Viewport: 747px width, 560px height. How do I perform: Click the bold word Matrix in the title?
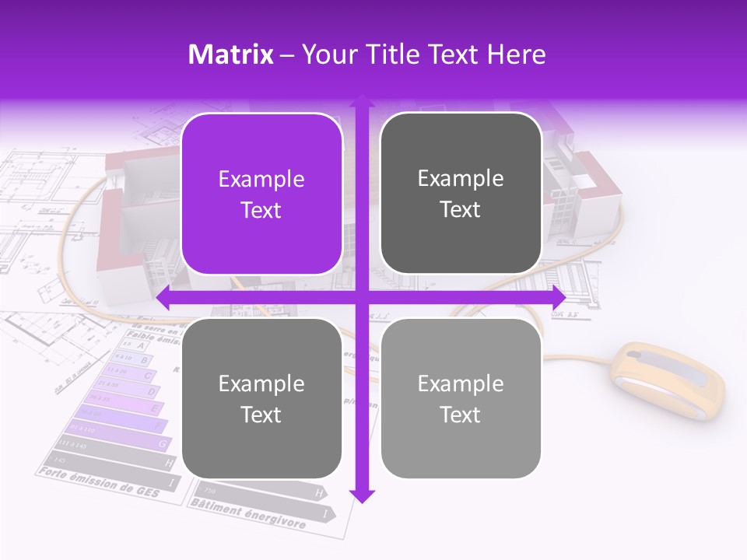pyautogui.click(x=230, y=54)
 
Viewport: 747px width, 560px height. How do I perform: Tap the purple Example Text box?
pyautogui.click(x=261, y=194)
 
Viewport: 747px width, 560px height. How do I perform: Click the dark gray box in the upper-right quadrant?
pyautogui.click(x=461, y=194)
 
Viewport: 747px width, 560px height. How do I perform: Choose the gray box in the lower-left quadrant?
pyautogui.click(x=261, y=398)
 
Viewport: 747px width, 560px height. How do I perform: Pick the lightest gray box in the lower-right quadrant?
pyautogui.click(x=461, y=398)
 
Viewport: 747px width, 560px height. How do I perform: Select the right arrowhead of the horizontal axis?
pyautogui.click(x=559, y=298)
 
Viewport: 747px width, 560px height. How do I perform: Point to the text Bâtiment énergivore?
pyautogui.click(x=249, y=514)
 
